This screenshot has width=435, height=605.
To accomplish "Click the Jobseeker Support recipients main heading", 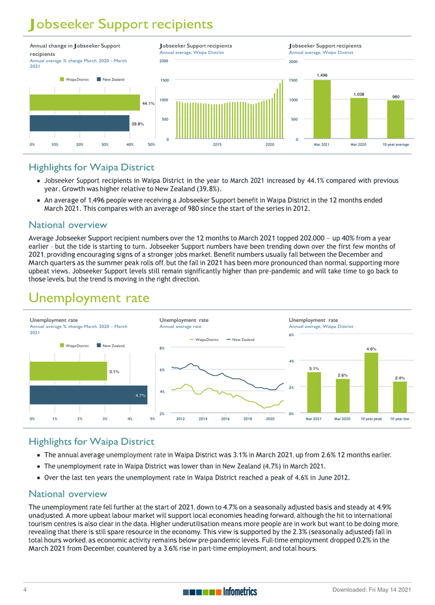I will click(x=121, y=25).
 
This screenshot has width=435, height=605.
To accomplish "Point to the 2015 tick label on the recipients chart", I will click(x=218, y=144).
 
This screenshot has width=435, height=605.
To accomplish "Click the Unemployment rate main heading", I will click(x=89, y=298).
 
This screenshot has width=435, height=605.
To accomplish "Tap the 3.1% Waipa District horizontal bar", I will click(x=77, y=372).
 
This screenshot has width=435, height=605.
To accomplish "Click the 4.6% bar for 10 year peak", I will click(x=371, y=383).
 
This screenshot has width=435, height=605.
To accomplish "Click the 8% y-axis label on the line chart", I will click(x=162, y=349).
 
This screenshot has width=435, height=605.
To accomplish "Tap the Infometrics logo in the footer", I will click(x=220, y=591).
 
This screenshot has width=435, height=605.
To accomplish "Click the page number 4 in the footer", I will click(x=24, y=589).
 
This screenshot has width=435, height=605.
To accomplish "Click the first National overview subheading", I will click(x=68, y=225).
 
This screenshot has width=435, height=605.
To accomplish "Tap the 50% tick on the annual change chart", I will click(x=151, y=144).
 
